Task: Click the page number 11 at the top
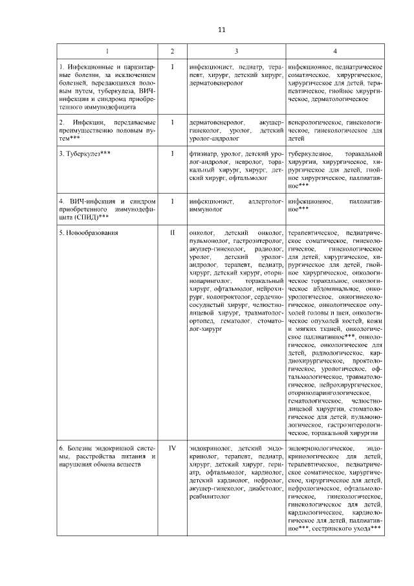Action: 222,30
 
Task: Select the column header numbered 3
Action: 236,51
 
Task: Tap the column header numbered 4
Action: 334,51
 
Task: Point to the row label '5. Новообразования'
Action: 88,232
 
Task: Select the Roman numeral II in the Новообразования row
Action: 172,232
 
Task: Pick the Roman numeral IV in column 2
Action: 172,447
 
